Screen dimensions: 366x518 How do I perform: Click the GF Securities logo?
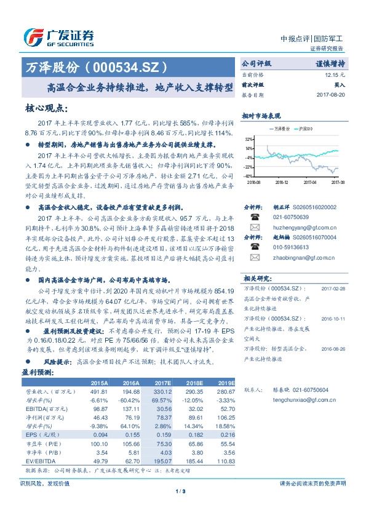point(58,38)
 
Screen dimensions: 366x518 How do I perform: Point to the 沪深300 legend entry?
point(304,129)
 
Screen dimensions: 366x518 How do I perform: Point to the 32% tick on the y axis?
point(248,140)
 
